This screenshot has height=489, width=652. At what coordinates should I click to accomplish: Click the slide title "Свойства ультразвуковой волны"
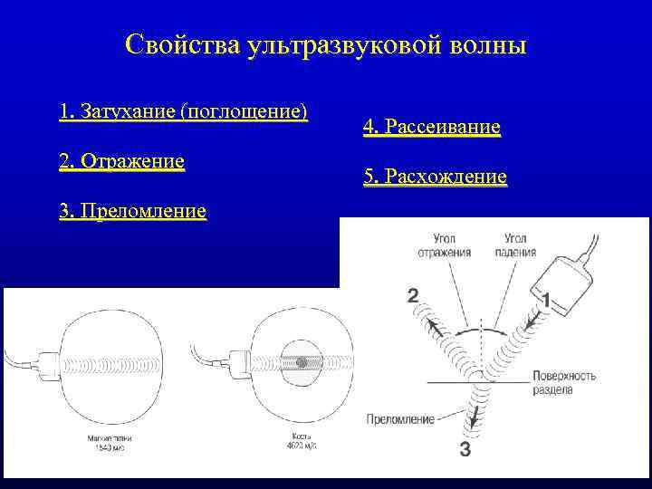coord(325,44)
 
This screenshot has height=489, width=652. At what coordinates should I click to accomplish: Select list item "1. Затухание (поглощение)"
coord(183,112)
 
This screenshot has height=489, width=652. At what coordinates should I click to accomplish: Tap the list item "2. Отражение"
coord(121,161)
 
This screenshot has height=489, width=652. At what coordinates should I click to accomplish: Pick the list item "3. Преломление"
coord(132,212)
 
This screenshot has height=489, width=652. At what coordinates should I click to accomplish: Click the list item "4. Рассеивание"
coord(431,128)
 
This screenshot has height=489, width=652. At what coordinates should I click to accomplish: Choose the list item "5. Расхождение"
coord(435,177)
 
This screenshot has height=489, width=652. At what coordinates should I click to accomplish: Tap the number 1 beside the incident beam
coord(544,298)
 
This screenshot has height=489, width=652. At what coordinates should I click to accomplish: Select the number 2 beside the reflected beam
coord(413,295)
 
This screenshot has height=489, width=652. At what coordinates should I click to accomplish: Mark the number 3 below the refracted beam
coord(465,450)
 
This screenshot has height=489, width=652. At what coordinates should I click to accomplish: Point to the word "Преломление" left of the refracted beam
coord(400,419)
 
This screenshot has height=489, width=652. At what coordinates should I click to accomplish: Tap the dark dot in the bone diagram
coord(300,363)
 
